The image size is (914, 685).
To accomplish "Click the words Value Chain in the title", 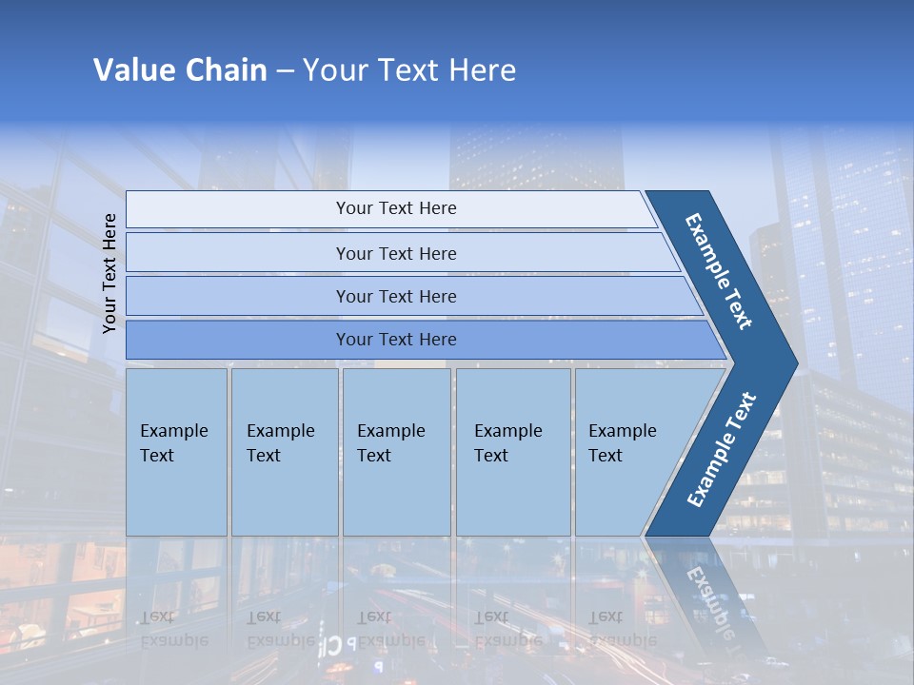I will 180,69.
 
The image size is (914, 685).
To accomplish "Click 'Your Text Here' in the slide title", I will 409,69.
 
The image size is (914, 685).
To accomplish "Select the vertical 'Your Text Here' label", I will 109,273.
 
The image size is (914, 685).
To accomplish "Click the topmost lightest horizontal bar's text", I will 396,208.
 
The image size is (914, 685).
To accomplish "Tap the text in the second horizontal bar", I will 396,253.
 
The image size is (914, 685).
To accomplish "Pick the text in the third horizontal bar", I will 396,296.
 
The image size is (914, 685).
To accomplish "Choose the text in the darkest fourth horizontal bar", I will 396,339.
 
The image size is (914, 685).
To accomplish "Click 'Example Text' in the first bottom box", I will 173,442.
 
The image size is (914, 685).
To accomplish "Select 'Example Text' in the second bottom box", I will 280,442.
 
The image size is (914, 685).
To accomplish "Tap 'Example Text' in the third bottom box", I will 390,442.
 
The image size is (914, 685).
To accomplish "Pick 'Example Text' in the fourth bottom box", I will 507,442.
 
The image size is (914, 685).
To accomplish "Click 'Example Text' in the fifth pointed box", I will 622,442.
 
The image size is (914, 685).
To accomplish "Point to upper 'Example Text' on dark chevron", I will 719,271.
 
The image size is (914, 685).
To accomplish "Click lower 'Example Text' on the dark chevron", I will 721,450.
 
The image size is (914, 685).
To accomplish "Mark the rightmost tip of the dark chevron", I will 795,362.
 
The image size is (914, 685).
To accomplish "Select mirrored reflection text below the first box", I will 173,629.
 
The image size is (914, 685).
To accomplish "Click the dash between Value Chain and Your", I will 284,71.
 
